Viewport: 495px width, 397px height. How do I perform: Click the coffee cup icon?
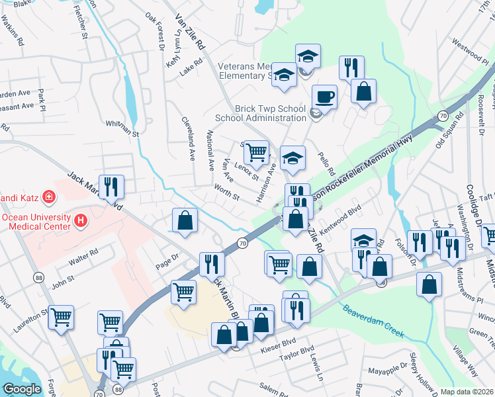pyautogui.click(x=324, y=97)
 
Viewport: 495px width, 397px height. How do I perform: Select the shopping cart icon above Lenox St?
pyautogui.click(x=256, y=153)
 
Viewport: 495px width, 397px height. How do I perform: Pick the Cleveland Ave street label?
pyautogui.click(x=188, y=139)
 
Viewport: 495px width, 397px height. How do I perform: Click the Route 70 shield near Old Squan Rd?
pyautogui.click(x=441, y=116)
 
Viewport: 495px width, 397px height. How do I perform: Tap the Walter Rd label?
pyautogui.click(x=85, y=253)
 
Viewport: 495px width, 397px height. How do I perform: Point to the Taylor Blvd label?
pyautogui.click(x=296, y=354)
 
